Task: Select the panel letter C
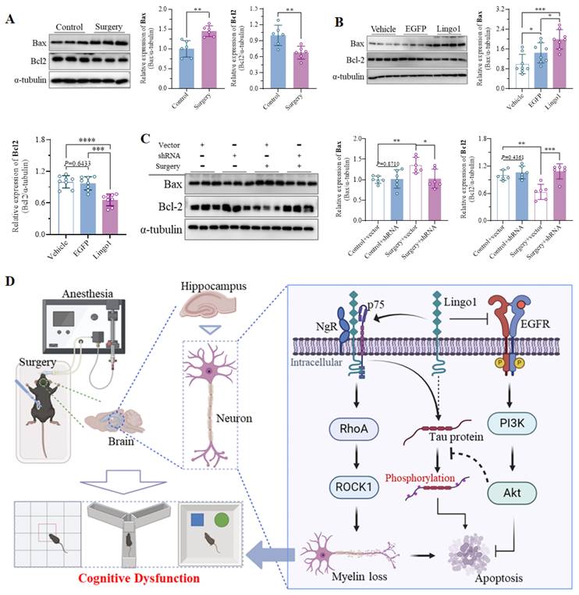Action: pyautogui.click(x=144, y=141)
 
